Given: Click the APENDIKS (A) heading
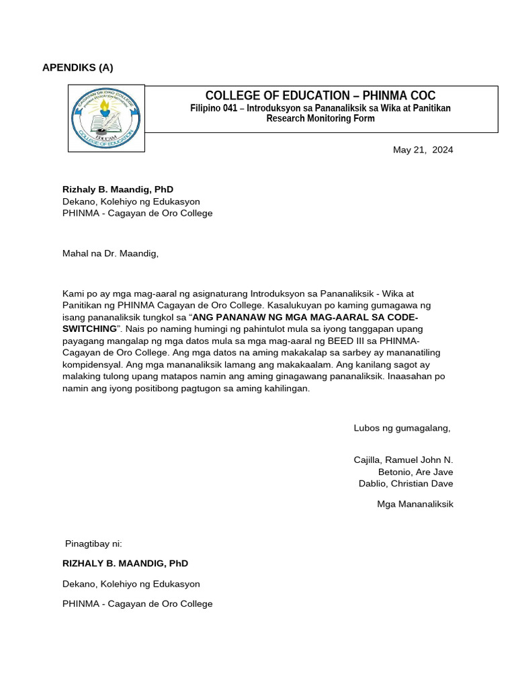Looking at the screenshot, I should pos(78,67).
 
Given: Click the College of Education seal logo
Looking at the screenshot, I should pos(106,118).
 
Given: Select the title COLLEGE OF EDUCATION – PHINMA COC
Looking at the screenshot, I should pos(320,96).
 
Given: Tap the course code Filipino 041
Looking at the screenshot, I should pos(214,108).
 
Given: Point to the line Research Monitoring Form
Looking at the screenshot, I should pos(320,119).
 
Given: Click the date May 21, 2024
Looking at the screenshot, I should pos(423,150).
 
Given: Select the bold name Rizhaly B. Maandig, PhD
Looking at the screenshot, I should pos(118,189).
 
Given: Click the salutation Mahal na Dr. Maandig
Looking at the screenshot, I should pos(110,253).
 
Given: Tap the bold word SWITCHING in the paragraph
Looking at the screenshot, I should pos(90,329).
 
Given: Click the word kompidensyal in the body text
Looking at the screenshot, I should pos(91,365).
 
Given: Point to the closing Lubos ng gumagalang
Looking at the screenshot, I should pos(402,428).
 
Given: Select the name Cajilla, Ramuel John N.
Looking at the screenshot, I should pos(403,460).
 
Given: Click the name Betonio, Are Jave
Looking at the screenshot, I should pos(415,472).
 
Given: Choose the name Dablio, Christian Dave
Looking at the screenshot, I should pos(406,484).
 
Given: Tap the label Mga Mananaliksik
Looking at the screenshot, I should pos(415,504).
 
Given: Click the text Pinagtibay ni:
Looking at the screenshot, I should pos(93,544).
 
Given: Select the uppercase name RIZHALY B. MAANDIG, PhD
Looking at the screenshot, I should pos(125,564).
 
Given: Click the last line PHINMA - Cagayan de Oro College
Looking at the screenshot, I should pos(137,603).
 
